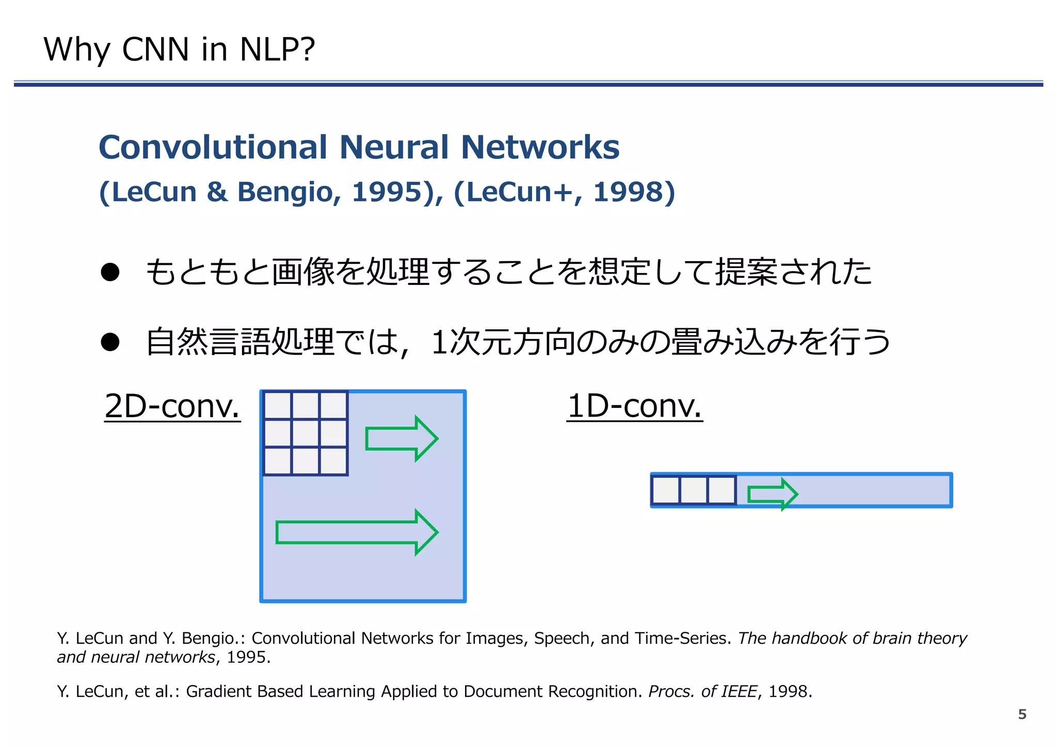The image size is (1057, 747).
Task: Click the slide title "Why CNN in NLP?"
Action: coord(179,50)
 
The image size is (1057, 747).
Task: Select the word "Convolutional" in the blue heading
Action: coord(213,147)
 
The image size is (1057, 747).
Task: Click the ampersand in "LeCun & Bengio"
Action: coord(217,192)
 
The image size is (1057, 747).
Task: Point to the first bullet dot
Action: coord(110,272)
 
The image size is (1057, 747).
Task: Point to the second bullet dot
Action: coord(110,342)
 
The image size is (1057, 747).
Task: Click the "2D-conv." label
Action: coord(172,406)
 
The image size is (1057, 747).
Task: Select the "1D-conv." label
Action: coord(634,406)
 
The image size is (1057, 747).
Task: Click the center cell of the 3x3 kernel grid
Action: coord(306,433)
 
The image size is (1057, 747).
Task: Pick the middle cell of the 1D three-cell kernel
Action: coord(694,490)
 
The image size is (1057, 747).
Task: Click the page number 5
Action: coord(1022,714)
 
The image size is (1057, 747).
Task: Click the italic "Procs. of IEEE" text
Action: coord(702,691)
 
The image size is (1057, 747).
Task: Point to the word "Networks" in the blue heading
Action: coord(539,147)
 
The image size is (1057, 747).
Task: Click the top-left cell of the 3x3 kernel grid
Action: coord(278,405)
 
